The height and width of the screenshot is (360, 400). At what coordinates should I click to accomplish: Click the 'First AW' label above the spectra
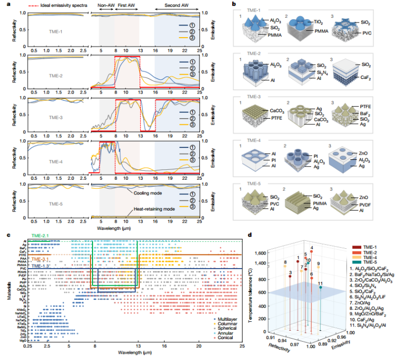(125, 9)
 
